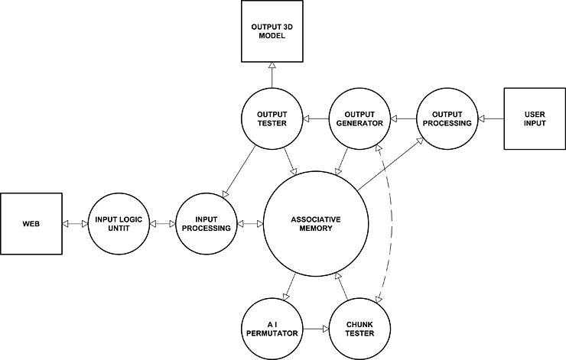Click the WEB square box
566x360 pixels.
[x=31, y=224]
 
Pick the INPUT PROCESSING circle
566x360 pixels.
[x=206, y=224]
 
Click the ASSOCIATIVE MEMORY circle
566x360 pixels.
[x=316, y=224]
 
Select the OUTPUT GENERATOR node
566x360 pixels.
[x=359, y=118]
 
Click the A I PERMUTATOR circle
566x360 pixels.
[x=272, y=329]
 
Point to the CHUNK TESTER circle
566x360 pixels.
[x=359, y=329]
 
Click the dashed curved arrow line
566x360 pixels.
[x=400, y=222]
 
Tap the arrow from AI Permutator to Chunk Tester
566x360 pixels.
[x=316, y=329]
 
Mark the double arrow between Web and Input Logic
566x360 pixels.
[x=75, y=224]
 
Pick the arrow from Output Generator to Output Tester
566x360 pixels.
[x=316, y=118]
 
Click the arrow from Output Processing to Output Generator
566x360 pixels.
[x=403, y=118]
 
